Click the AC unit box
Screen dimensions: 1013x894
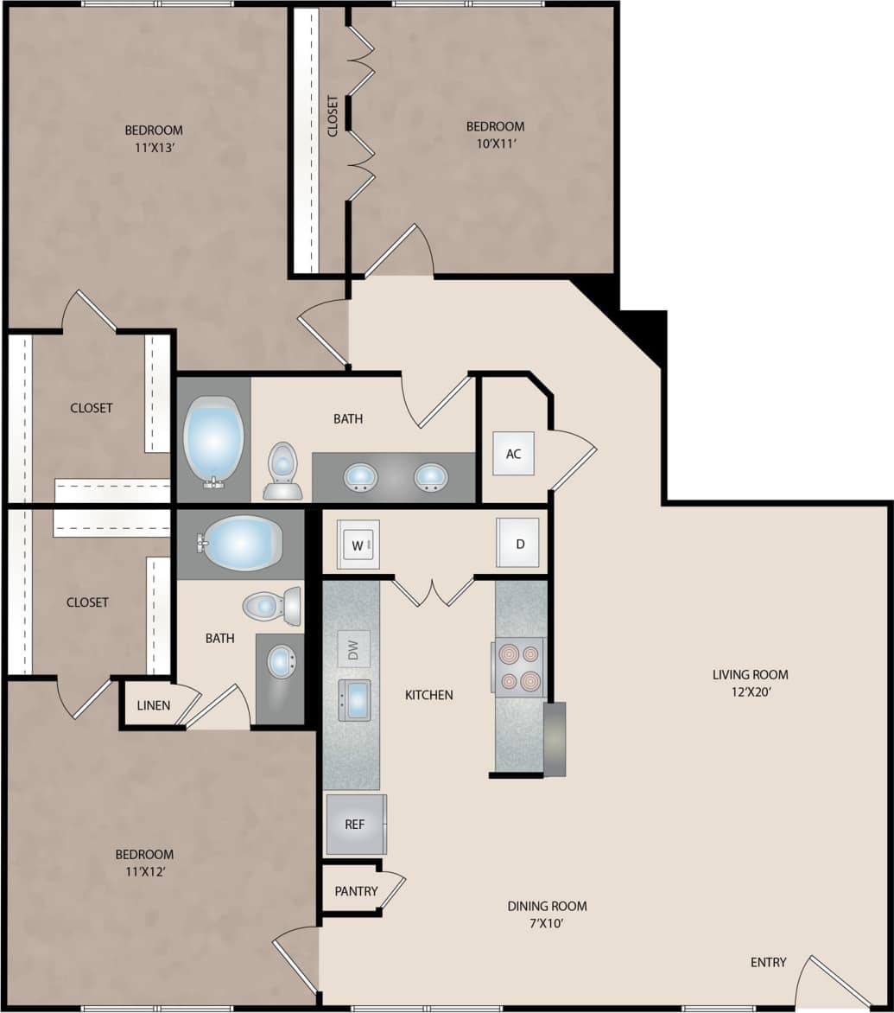pyautogui.click(x=513, y=454)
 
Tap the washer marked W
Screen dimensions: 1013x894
pyautogui.click(x=358, y=545)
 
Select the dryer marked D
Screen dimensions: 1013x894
pyautogui.click(x=518, y=543)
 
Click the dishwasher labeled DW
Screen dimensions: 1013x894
pyautogui.click(x=353, y=649)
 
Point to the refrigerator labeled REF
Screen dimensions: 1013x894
pyautogui.click(x=355, y=825)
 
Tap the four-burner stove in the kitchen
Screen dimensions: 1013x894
pyautogui.click(x=518, y=666)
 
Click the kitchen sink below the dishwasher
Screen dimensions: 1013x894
pyautogui.click(x=355, y=699)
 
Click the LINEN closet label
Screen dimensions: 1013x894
pyautogui.click(x=154, y=705)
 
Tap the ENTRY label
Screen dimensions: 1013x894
pyautogui.click(x=768, y=962)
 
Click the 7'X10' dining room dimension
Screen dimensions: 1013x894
pyautogui.click(x=547, y=922)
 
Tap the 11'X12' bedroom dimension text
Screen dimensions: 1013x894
pyautogui.click(x=144, y=870)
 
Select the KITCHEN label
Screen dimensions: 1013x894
pyautogui.click(x=429, y=694)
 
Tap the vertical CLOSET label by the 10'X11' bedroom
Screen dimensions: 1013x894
pyautogui.click(x=333, y=116)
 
